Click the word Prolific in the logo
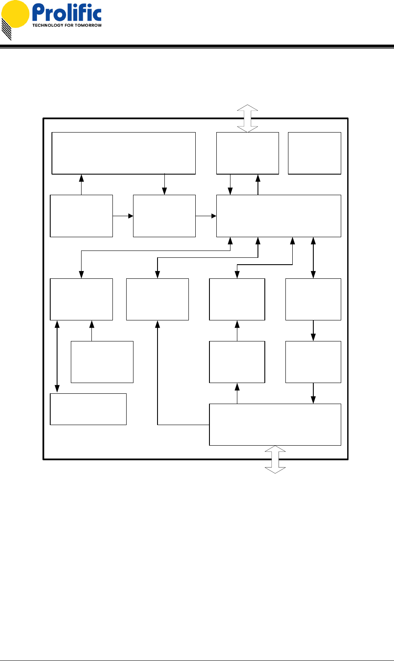66,15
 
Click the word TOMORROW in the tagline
88,25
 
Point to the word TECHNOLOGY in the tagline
47,25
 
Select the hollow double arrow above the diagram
247,118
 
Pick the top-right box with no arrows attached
315,153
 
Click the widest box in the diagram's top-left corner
124,153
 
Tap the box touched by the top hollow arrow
247,153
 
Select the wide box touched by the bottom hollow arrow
275,425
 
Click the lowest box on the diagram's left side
88,409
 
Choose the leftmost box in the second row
81,216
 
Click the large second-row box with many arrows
279,216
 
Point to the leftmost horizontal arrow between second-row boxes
123,216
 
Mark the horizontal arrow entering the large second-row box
206,216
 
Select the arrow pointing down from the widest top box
165,184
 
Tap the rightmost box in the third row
313,299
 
